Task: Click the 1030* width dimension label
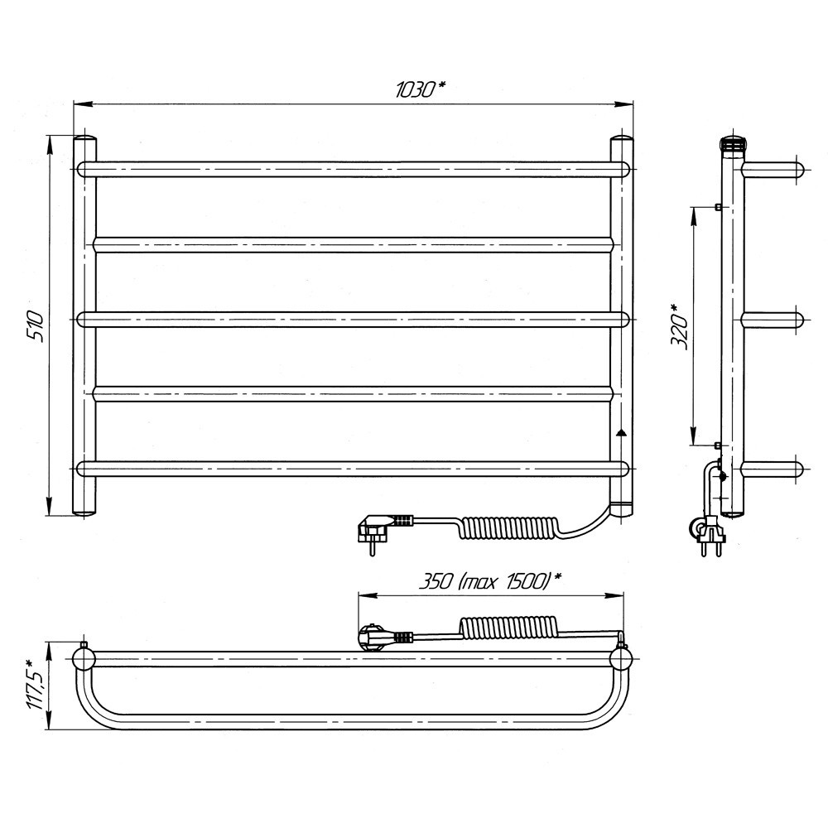click(421, 90)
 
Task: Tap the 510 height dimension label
click(36, 326)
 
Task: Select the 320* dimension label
click(679, 327)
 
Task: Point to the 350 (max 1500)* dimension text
click(489, 581)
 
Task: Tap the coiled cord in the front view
click(505, 528)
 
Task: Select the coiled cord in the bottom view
click(507, 628)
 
